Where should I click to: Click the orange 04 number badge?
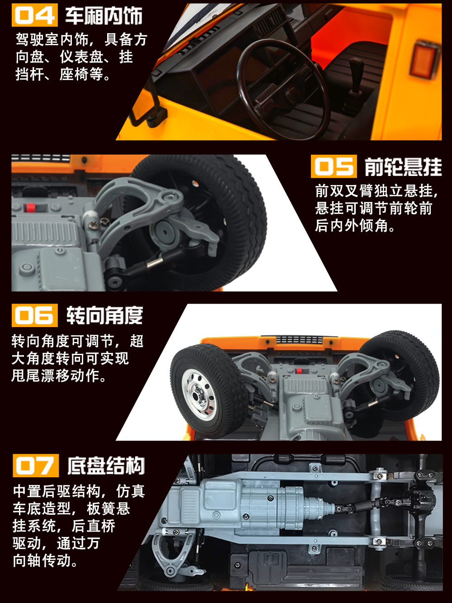[x=35, y=15]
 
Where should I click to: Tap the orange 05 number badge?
[x=334, y=166]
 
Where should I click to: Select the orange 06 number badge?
[x=35, y=315]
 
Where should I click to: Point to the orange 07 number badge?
[x=36, y=465]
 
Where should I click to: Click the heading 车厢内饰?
[x=104, y=15]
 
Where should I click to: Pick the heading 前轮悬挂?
[x=403, y=166]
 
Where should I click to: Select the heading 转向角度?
[x=104, y=315]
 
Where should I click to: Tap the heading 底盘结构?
[x=106, y=465]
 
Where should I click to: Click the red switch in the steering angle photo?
[x=298, y=371]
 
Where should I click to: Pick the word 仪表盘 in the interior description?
[x=82, y=57]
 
